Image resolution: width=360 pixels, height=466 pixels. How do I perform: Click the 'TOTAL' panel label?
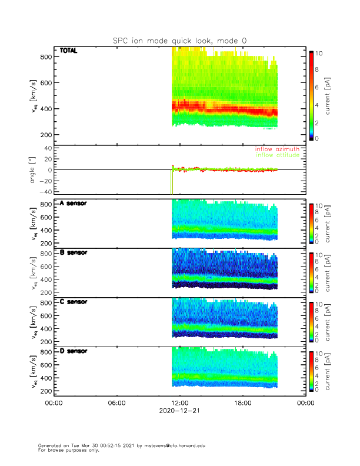[x=69, y=51]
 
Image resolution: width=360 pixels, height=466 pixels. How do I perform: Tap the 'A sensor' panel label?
[x=73, y=204]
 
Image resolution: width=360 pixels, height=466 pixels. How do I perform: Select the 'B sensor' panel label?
[x=73, y=252]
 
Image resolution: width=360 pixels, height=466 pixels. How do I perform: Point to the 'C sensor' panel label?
[x=73, y=302]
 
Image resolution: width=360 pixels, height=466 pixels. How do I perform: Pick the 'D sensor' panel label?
[x=73, y=351]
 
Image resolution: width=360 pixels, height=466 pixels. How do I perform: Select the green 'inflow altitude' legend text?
[x=279, y=155]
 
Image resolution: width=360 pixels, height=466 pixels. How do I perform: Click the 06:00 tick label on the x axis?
[x=117, y=403]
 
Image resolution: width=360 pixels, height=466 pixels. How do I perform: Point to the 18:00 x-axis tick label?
[x=242, y=403]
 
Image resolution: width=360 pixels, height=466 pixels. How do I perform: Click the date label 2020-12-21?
[x=179, y=411]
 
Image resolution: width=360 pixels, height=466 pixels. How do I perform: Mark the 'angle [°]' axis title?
[x=34, y=170]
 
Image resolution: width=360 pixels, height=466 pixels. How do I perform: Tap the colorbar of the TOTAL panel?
[x=311, y=95]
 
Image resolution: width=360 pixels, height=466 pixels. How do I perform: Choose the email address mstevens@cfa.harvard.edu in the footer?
[x=171, y=445]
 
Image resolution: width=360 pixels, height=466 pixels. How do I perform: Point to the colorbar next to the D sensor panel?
[x=311, y=371]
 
